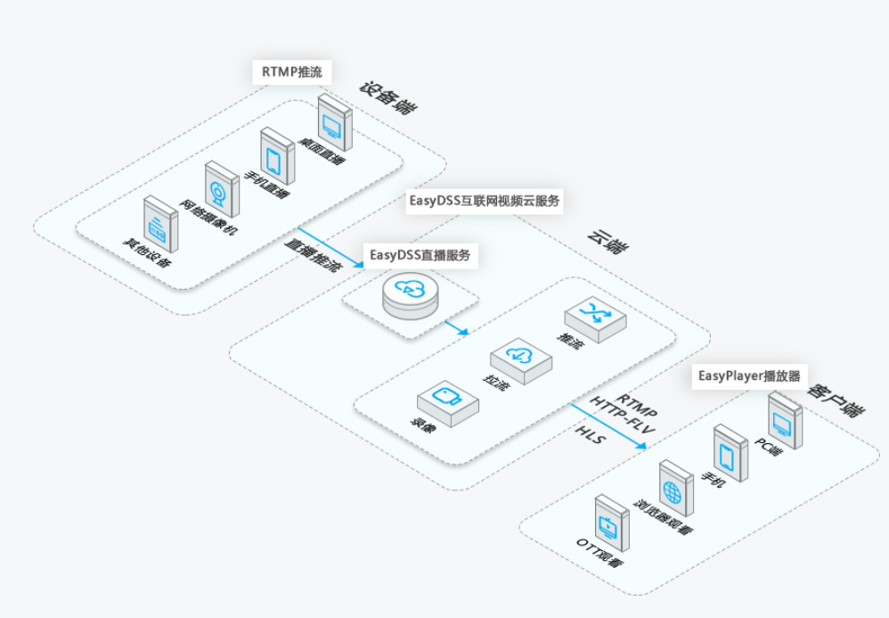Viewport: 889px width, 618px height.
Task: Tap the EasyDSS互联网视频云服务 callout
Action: pos(485,201)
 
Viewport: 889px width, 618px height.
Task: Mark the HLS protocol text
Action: pos(591,438)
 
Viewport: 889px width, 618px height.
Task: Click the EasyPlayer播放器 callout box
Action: pos(749,376)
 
